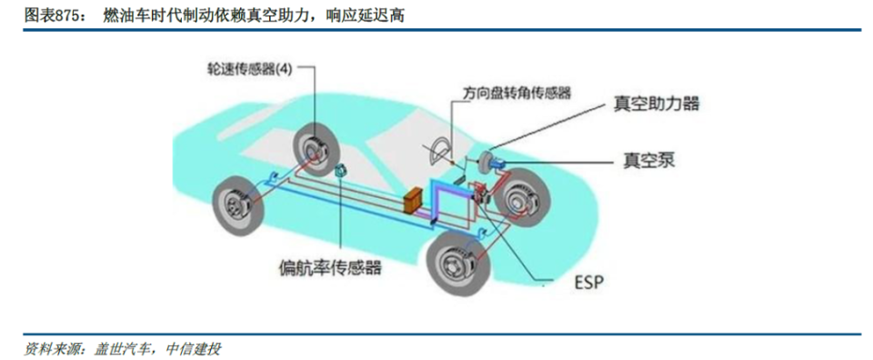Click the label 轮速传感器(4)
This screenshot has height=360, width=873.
249,70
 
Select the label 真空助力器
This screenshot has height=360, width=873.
657,105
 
